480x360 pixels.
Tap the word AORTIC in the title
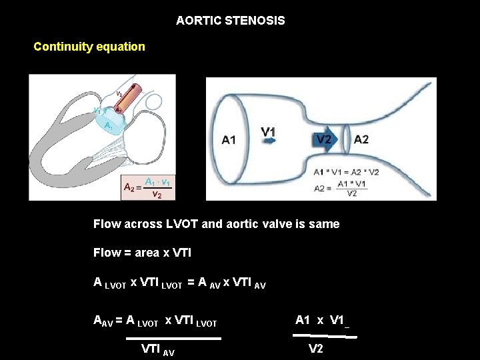tap(198, 21)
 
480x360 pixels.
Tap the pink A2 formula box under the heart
tap(148, 187)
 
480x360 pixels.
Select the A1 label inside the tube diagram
tap(229, 139)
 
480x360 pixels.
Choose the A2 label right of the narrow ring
tap(361, 139)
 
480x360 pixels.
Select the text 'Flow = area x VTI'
tap(135, 253)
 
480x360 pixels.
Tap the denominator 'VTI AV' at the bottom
tap(158, 349)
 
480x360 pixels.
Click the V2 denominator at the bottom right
tap(315, 349)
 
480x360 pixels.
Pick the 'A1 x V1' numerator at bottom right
tap(319, 320)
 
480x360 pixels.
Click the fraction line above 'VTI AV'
tap(173, 339)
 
